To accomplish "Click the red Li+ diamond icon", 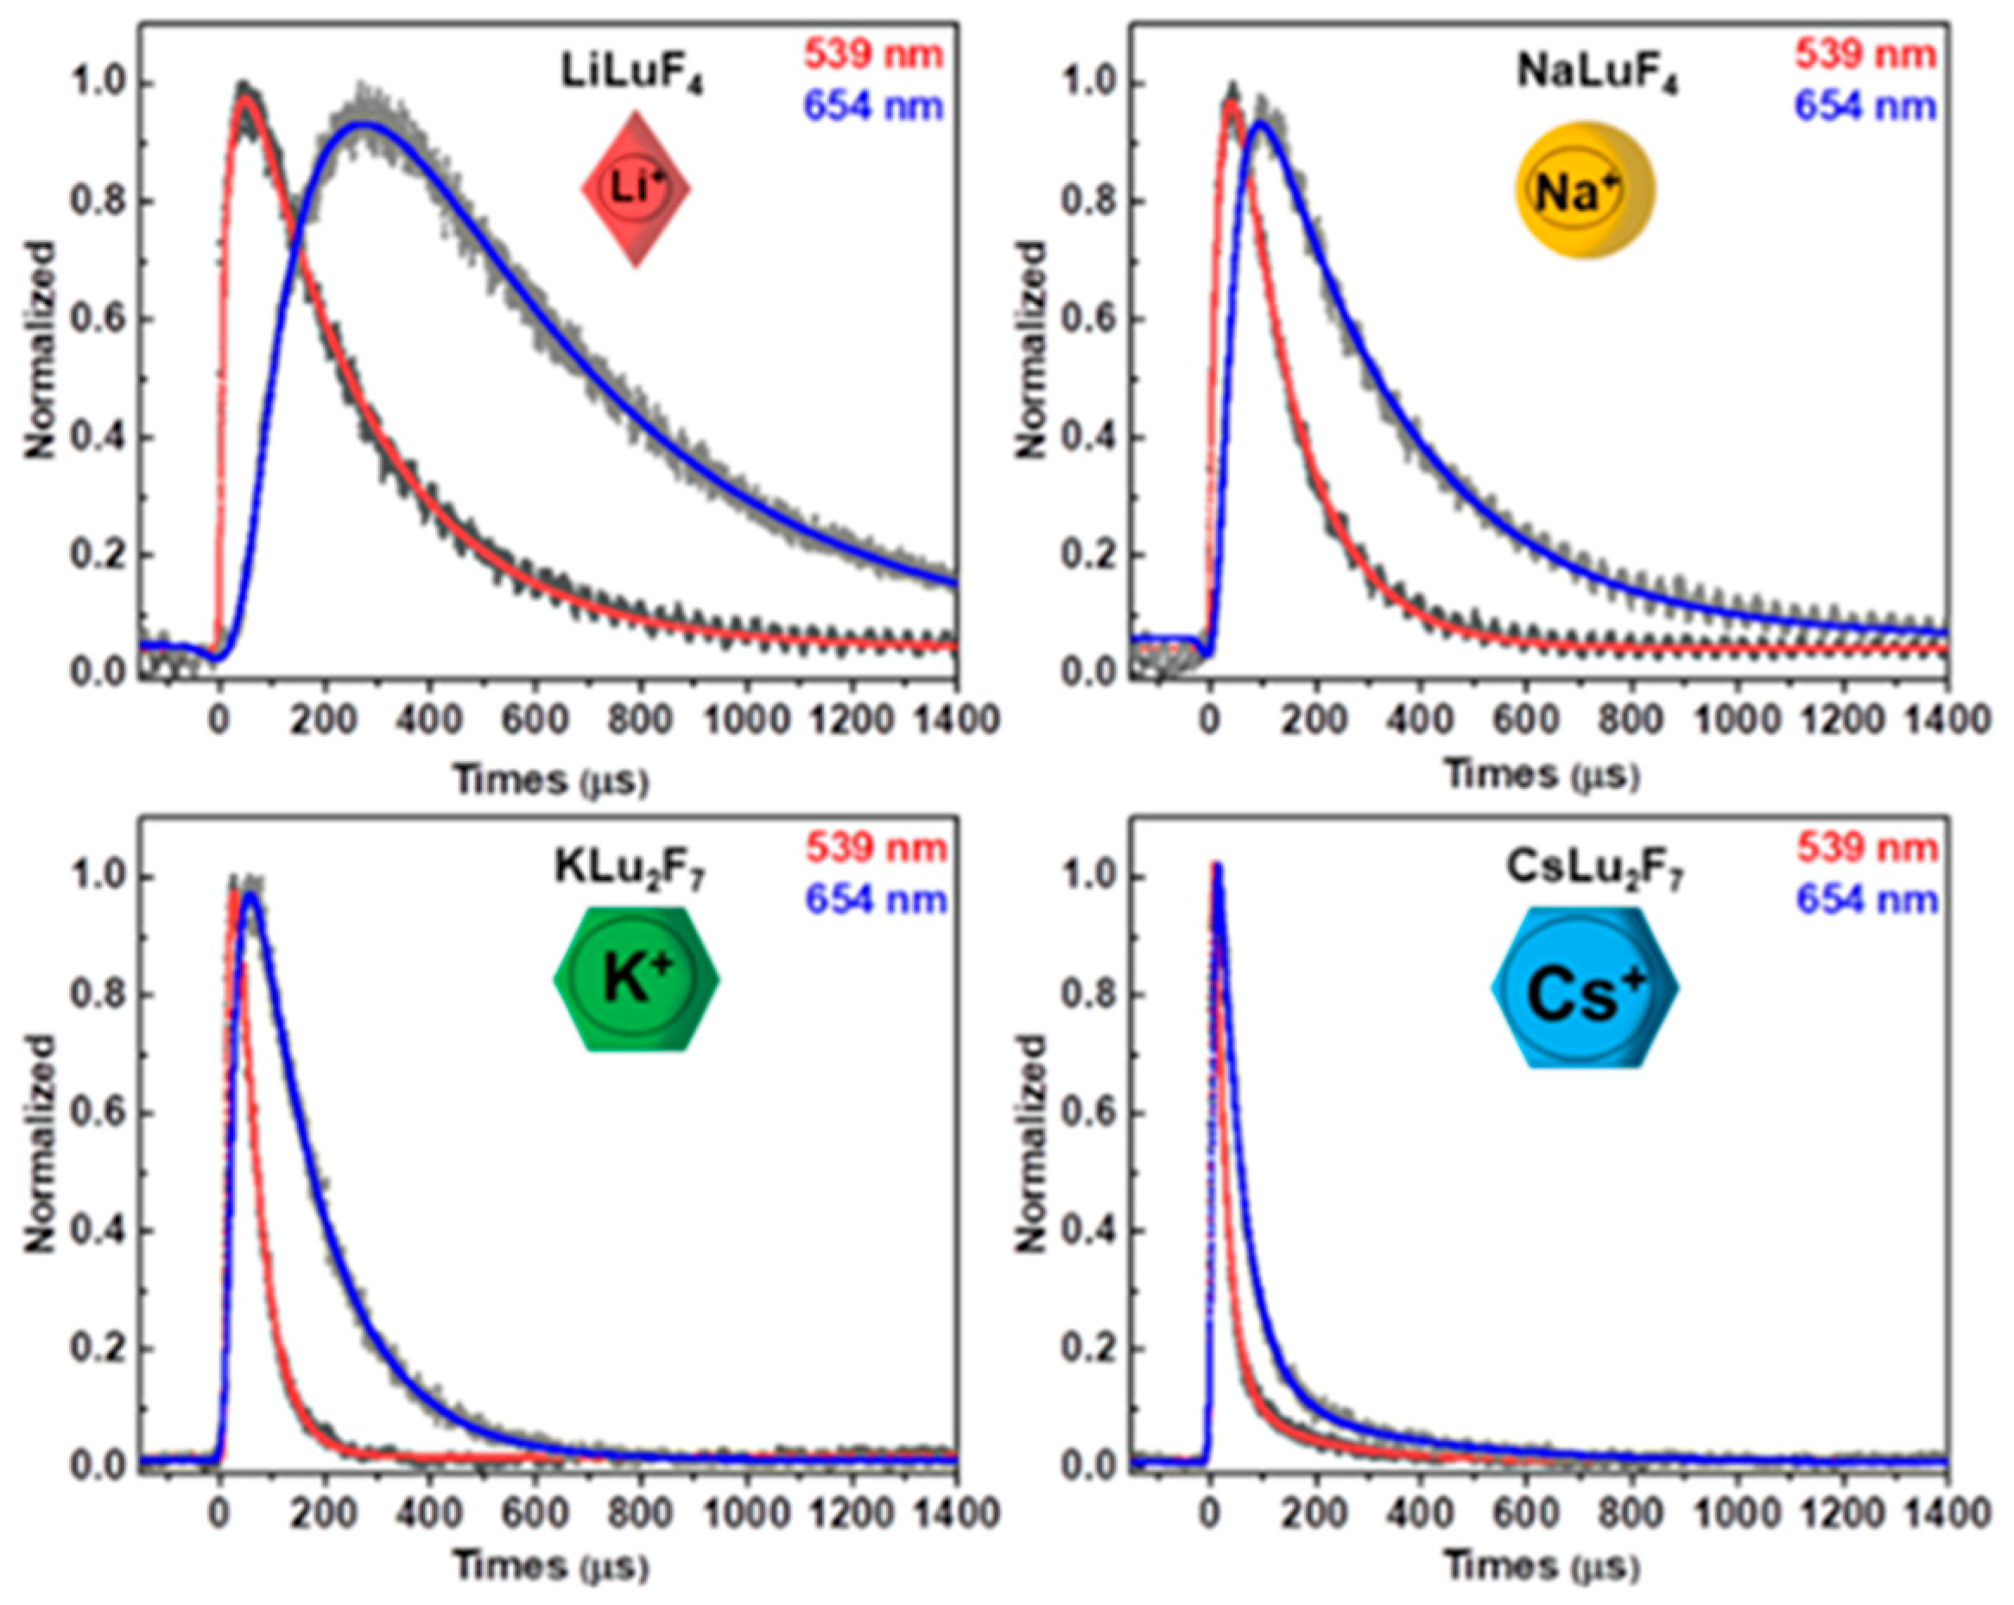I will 636,190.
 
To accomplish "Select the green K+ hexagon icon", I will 637,980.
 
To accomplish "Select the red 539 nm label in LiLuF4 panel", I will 874,55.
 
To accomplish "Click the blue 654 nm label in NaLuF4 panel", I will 1865,106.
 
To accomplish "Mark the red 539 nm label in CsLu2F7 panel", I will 1866,847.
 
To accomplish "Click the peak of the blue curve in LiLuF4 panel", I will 364,124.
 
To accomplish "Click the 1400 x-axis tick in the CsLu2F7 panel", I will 1945,1513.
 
